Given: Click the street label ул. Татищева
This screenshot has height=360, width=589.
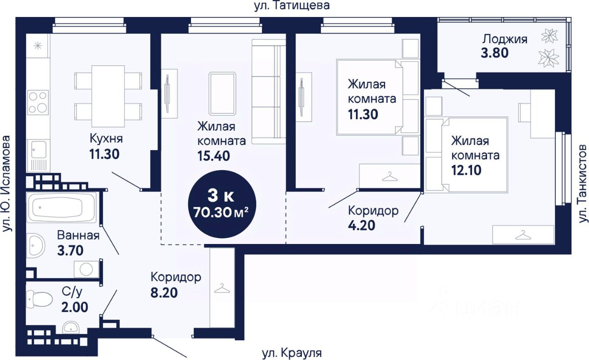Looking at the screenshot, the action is (x=292, y=6).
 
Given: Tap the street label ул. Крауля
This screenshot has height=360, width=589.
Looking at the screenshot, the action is (x=292, y=353).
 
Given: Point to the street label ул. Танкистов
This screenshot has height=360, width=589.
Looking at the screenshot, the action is (x=583, y=183).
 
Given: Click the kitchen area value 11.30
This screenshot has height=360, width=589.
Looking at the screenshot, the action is (x=104, y=154).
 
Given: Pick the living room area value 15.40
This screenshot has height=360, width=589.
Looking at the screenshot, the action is (x=214, y=156).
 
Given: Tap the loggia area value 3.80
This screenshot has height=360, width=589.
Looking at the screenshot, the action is (x=495, y=53).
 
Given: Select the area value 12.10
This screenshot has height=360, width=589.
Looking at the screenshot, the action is (x=467, y=170).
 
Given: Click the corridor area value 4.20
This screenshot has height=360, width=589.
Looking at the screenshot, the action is (x=362, y=226).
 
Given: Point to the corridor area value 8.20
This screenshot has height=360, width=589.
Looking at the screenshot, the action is (x=164, y=293).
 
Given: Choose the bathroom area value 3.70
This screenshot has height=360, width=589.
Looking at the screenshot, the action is (x=70, y=250).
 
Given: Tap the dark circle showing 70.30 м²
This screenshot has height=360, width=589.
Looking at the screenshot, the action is (x=222, y=204).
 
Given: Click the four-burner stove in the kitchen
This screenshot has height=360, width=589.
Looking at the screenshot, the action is (x=38, y=102).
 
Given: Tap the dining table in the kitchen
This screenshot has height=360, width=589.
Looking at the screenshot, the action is (x=108, y=96).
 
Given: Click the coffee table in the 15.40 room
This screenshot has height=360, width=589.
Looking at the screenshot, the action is (x=222, y=94).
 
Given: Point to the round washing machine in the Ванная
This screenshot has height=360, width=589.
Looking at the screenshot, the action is (x=86, y=269).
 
